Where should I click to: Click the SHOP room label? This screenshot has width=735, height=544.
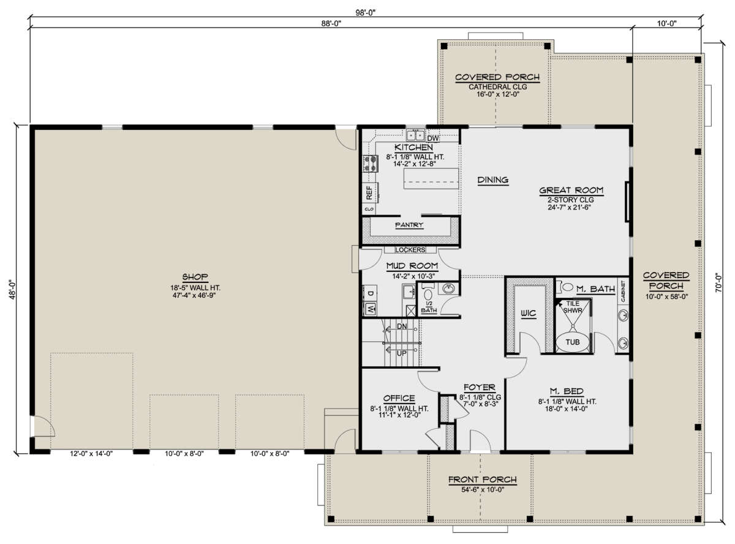pos(195,276)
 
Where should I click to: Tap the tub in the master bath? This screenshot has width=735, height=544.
pos(572,342)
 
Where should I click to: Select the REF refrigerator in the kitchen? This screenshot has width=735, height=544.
pos(370,192)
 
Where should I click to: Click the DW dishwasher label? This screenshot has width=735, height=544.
pos(433,138)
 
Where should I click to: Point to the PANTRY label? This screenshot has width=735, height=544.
pos(409,225)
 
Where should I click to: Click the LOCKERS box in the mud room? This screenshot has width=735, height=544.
pos(410,249)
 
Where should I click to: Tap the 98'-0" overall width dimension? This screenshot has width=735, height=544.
pos(365,13)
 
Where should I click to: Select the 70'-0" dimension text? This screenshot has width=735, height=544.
pos(718,284)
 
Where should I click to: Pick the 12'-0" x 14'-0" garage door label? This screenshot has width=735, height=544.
pos(91,453)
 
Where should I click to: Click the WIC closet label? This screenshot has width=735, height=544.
pos(528,313)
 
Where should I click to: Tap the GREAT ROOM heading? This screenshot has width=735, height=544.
pos(571,190)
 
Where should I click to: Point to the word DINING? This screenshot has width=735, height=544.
pos(493,179)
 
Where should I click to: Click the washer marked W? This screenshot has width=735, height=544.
pos(370,309)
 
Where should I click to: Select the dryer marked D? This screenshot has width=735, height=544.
pos(370,293)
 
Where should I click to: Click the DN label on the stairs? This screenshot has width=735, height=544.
pos(402,326)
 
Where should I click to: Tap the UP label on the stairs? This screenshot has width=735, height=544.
pos(402,353)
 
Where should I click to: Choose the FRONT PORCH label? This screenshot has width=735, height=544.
pos(483,479)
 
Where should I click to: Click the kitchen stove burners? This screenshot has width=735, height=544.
pos(371,164)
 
